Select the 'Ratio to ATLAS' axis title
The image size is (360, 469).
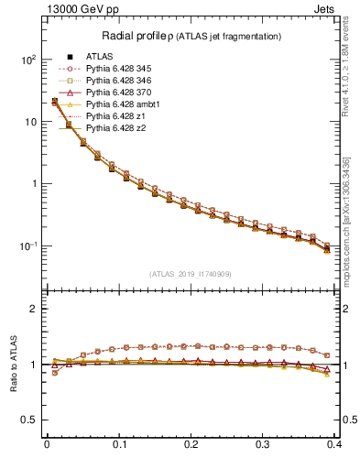[x=13, y=364]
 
